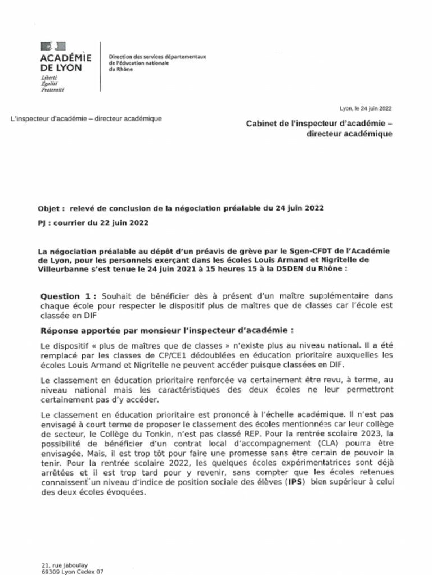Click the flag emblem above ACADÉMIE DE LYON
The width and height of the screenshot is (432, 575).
[x=53, y=46]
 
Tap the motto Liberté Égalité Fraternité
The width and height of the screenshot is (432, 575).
[x=53, y=83]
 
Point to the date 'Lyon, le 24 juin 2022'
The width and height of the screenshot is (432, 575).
[x=366, y=108]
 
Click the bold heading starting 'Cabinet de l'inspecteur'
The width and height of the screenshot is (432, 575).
[x=319, y=124]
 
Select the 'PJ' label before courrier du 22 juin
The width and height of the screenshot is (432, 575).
[x=42, y=223]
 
